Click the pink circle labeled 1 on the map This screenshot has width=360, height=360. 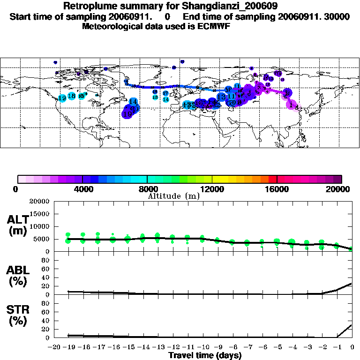[x=292, y=105]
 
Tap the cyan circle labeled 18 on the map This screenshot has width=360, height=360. [x=71, y=96]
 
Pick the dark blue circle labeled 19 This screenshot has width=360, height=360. [x=127, y=113]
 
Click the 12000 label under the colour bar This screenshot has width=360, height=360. [x=213, y=189]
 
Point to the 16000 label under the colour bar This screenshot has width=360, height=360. [x=277, y=189]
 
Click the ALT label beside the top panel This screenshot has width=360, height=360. [x=17, y=219]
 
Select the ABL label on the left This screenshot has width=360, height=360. [x=17, y=270]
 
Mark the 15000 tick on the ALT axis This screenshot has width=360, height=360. [x=41, y=214]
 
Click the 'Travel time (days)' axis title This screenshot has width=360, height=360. [x=205, y=355]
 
